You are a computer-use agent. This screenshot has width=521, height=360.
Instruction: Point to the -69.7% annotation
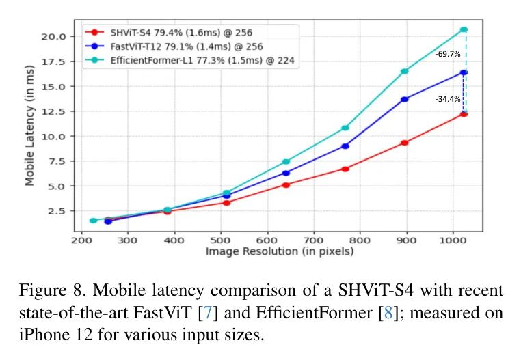pos(447,53)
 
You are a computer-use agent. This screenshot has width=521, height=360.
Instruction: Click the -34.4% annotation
pos(447,99)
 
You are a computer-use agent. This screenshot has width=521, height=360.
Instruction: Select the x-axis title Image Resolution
pos(280,252)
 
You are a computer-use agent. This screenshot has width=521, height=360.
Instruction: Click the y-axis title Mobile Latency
pos(30,122)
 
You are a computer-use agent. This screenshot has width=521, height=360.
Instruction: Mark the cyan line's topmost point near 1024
pos(464,29)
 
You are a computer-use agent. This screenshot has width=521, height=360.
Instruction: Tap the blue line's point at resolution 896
pos(405,99)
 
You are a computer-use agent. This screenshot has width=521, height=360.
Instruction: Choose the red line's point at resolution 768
pos(345,168)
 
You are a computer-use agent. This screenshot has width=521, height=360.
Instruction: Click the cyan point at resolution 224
pos(93,221)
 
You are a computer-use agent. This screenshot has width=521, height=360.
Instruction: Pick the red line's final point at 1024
pos(464,113)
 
